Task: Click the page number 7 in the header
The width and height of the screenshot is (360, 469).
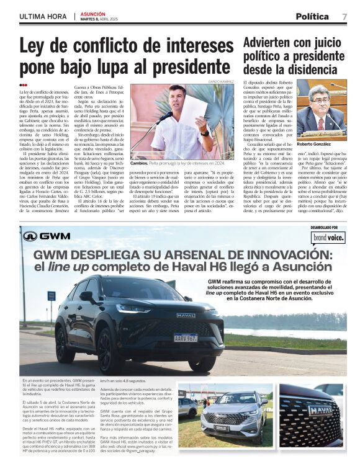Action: [x=344, y=17]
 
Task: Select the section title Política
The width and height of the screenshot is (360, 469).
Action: [x=312, y=17]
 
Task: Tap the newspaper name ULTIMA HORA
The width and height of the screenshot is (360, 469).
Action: [x=42, y=16]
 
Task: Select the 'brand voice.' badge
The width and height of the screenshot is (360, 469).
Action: [x=329, y=237]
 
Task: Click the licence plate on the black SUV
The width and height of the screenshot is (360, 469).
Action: [x=186, y=337]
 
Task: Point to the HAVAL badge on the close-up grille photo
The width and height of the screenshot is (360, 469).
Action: [x=320, y=410]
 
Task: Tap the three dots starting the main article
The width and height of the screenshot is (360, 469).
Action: [x=23, y=85]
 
